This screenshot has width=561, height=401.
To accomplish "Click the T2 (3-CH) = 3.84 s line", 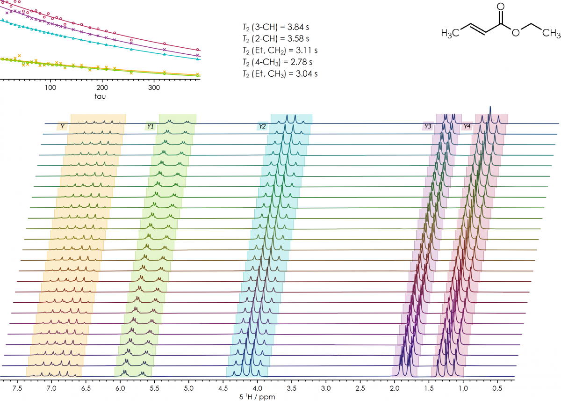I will click(273, 27).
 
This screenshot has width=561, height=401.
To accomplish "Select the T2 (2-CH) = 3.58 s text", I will click(273, 38).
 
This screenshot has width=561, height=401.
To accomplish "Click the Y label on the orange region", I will click(62, 126).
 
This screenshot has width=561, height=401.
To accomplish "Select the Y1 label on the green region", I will click(151, 126).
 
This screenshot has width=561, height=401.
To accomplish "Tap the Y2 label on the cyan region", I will click(262, 126).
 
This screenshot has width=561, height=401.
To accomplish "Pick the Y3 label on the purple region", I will click(427, 126).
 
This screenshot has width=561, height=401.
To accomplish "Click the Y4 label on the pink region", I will click(467, 126).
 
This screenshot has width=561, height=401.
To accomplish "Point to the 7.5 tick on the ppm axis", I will click(17, 388).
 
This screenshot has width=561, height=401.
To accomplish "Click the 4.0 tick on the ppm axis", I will click(257, 388).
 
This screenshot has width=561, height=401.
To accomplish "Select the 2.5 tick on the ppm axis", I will click(360, 388).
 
